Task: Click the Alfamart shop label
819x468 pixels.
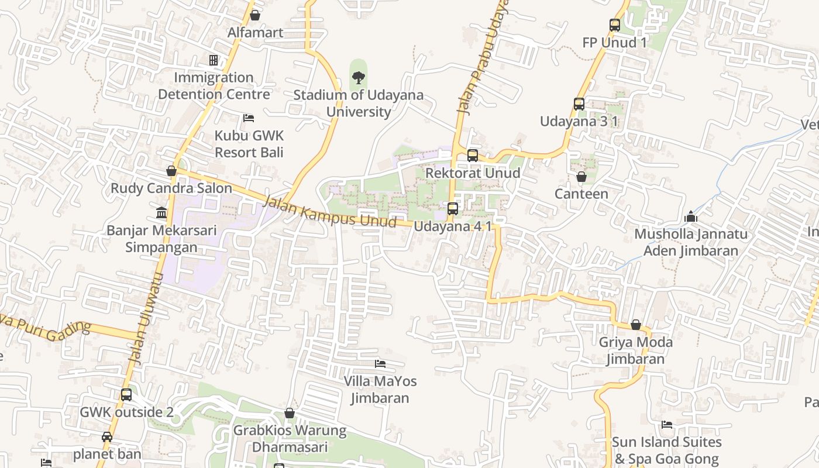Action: coord(255,33)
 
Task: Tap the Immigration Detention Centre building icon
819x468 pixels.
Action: coord(214,60)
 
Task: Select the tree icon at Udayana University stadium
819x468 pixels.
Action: coord(358,77)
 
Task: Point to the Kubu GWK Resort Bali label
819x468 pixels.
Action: coord(249,144)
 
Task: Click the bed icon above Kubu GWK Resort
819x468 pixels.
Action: coord(249,118)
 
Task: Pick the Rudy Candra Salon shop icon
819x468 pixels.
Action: coord(171,171)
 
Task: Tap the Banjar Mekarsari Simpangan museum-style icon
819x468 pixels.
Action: coord(161,212)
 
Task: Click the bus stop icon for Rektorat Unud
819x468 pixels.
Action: coord(472,156)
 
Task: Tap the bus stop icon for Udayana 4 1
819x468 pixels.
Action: coord(452,209)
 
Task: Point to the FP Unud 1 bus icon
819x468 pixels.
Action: coord(614,25)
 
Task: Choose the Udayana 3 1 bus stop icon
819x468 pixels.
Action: coord(579,104)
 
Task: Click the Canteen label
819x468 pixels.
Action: coord(581,194)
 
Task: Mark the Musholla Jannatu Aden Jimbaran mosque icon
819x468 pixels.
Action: coord(691,217)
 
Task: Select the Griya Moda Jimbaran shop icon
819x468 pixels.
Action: coord(636,325)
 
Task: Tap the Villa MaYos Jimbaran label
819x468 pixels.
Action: coord(380,390)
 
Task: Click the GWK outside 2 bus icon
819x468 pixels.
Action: coord(126,395)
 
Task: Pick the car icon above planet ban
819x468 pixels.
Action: coord(107,436)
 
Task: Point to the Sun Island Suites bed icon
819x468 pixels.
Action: coord(666,425)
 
